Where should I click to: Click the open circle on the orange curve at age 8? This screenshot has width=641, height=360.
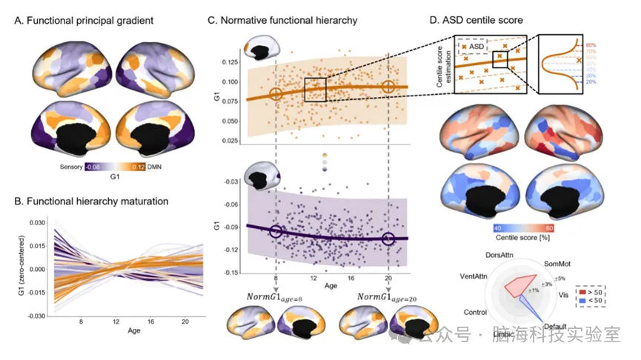pos(275,94)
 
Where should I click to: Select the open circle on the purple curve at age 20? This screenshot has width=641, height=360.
pos(389,239)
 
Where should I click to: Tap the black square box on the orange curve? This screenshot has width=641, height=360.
pos(316,89)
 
